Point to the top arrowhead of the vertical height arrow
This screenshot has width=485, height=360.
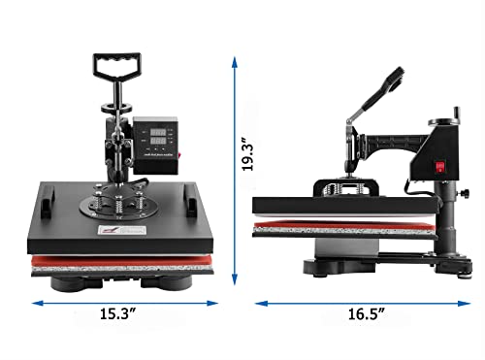(234, 61)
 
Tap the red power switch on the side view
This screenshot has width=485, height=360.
(439, 167)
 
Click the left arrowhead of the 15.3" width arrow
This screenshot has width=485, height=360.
(37, 304)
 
